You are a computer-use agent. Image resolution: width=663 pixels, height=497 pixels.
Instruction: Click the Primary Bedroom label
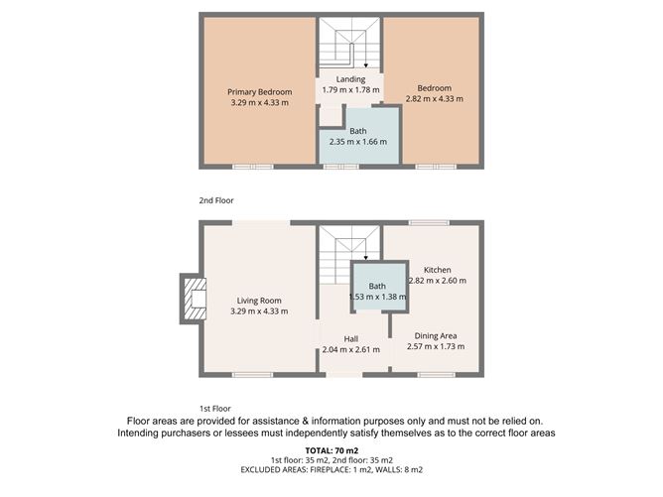pyautogui.click(x=259, y=91)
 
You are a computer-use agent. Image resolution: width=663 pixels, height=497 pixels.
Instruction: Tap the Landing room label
pyautogui.click(x=350, y=79)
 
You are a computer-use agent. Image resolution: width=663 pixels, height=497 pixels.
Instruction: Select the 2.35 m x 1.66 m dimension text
pyautogui.click(x=357, y=142)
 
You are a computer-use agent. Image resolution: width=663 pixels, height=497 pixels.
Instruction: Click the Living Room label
pyautogui.click(x=259, y=301)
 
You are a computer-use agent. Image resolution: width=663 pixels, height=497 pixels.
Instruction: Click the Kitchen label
pyautogui.click(x=437, y=270)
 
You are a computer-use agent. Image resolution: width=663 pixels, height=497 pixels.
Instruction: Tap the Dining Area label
pyautogui.click(x=437, y=336)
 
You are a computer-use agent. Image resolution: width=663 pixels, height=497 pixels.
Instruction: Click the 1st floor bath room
pyautogui.click(x=378, y=291)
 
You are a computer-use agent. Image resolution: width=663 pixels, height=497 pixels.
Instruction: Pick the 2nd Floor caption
pyautogui.click(x=214, y=200)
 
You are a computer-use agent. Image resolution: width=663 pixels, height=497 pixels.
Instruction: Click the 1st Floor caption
pyautogui.click(x=214, y=409)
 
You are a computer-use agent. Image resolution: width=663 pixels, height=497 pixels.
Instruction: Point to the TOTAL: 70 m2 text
pyautogui.click(x=331, y=450)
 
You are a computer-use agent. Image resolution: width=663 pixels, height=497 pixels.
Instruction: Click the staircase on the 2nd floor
pyautogui.click(x=349, y=44)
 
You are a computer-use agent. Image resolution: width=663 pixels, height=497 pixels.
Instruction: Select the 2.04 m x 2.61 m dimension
pyautogui.click(x=350, y=350)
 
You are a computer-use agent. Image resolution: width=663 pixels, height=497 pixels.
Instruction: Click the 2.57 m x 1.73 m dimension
pyautogui.click(x=437, y=347)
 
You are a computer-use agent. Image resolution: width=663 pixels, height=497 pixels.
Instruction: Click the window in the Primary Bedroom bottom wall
pyautogui.click(x=252, y=167)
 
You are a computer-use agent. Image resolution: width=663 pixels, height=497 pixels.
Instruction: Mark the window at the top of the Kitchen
pyautogui.click(x=429, y=223)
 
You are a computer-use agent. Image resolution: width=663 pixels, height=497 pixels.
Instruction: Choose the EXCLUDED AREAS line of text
pyautogui.click(x=331, y=470)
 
